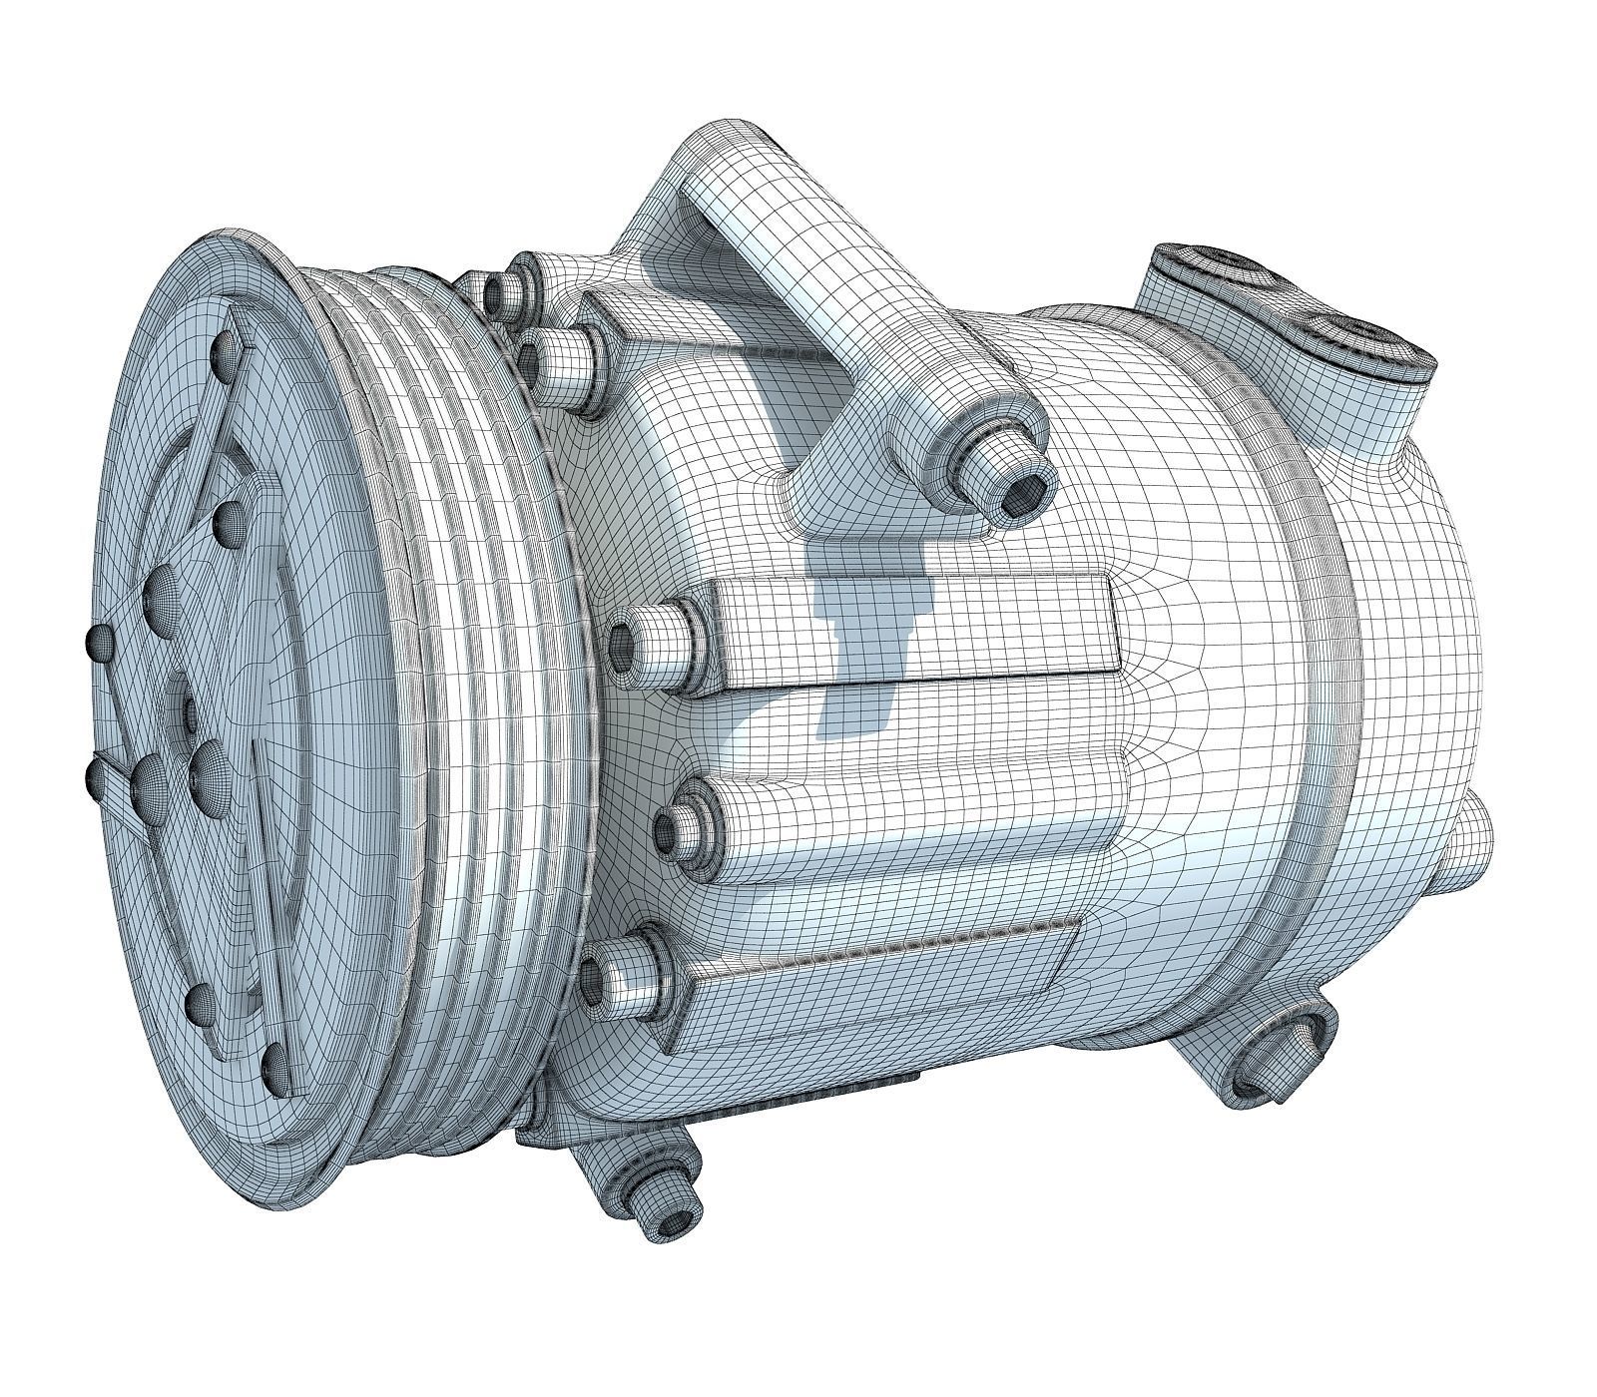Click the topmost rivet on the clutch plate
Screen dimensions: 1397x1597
tap(227, 348)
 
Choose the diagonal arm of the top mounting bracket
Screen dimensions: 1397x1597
tap(828, 299)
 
